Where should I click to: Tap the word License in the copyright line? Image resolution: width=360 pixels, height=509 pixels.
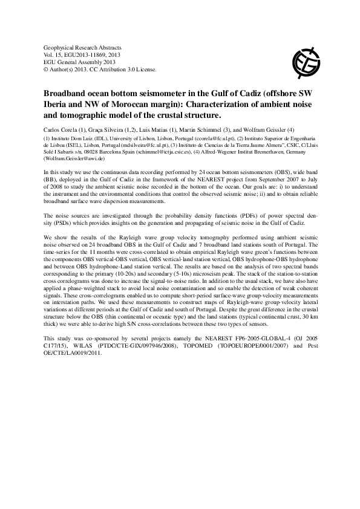click(146, 69)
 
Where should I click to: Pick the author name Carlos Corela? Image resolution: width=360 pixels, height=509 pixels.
click(61, 129)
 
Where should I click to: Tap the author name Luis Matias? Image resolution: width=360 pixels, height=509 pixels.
click(159, 129)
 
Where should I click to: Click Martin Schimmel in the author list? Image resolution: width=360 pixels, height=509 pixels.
click(208, 129)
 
